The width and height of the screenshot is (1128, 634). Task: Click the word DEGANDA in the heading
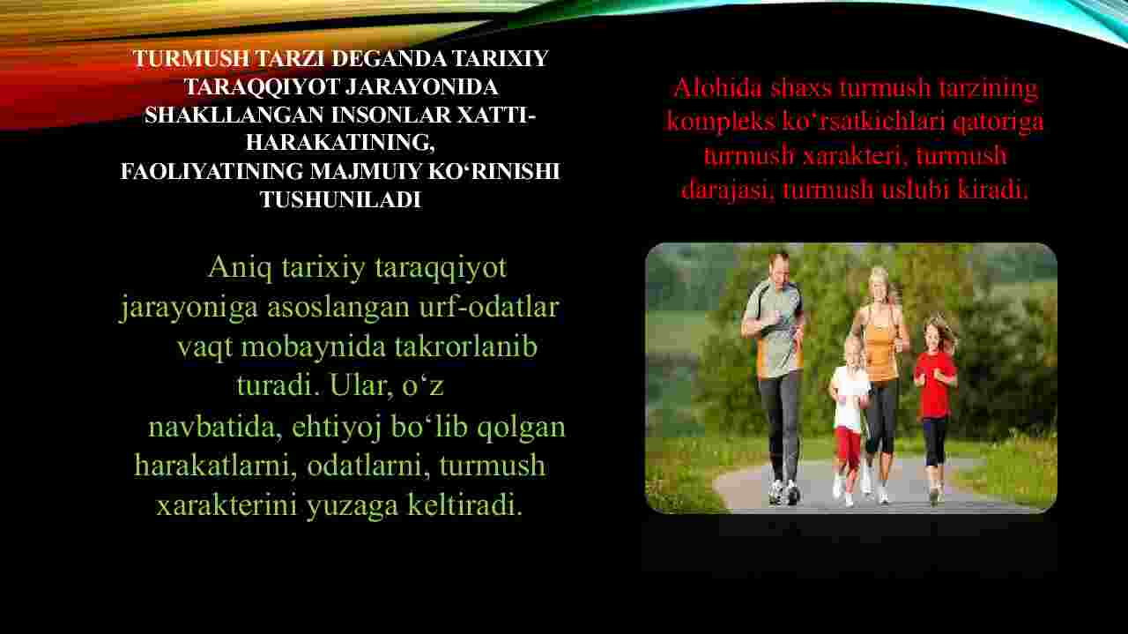[389, 58]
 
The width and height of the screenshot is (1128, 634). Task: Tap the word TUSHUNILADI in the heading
[340, 199]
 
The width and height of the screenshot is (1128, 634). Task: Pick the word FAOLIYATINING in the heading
[211, 171]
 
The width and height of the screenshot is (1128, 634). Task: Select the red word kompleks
[720, 122]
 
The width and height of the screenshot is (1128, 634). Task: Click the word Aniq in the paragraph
[240, 268]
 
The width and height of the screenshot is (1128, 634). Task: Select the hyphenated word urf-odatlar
[489, 307]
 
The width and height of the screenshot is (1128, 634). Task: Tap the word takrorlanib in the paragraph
[466, 347]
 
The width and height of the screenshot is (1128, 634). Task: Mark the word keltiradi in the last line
[464, 504]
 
